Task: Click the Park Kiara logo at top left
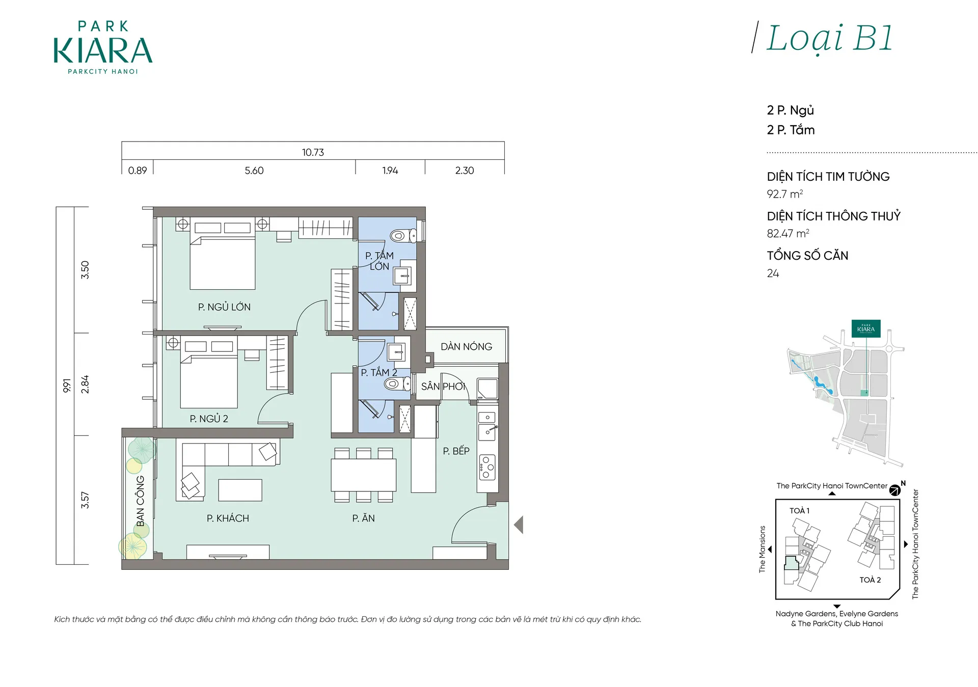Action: point(103,47)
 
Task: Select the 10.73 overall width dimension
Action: point(313,152)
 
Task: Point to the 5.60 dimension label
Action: point(254,171)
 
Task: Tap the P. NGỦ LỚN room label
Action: point(224,307)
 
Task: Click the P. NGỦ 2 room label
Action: point(209,419)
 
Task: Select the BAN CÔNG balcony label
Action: point(141,501)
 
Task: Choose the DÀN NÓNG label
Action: point(467,347)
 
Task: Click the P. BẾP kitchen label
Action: point(456,451)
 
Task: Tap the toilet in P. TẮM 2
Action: point(397,384)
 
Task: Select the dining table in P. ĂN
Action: point(364,475)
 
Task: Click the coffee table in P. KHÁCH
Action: point(240,490)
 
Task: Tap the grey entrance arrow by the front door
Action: point(519,525)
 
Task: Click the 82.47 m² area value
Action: point(788,234)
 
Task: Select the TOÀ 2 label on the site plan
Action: point(870,580)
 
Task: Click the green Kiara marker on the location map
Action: point(866,328)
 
